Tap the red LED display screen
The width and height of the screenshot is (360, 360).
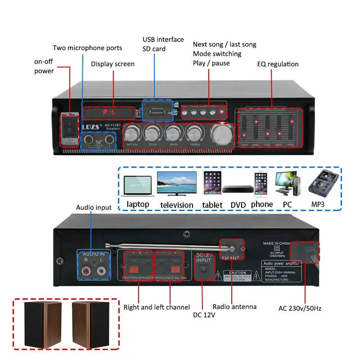pyautogui.click(x=108, y=112)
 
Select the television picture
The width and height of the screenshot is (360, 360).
pyautogui.click(x=176, y=183)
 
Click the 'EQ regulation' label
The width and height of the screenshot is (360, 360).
pyautogui.click(x=278, y=64)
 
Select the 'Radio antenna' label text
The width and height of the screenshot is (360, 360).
pyautogui.click(x=234, y=306)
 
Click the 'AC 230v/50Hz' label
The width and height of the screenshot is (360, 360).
pyautogui.click(x=300, y=308)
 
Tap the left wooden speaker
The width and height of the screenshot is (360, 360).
pyautogui.click(x=43, y=324)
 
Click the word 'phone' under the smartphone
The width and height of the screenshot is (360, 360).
pyautogui.click(x=262, y=204)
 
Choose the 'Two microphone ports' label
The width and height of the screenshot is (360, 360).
pyautogui.click(x=87, y=48)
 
